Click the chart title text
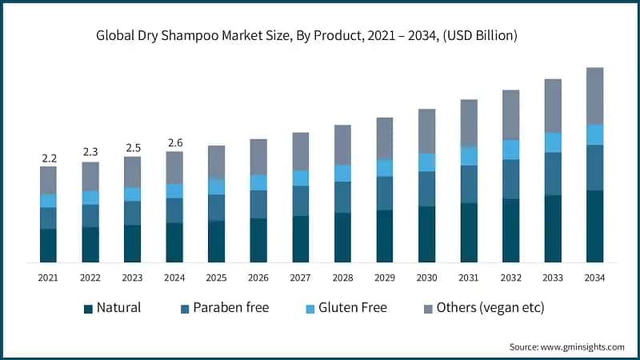320,35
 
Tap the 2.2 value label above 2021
48,158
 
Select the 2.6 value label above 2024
174,143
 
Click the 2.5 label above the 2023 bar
132,148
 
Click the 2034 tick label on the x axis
594,278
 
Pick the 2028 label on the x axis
342,278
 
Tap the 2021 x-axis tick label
48,278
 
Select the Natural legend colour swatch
86,308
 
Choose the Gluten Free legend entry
351,308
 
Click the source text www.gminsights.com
566,346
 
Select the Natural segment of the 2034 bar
594,226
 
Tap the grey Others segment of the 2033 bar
553,106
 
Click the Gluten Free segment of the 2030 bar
426,162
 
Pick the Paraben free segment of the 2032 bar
510,179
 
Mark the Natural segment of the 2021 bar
48,246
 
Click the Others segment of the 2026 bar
258,157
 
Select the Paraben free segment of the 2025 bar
216,207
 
